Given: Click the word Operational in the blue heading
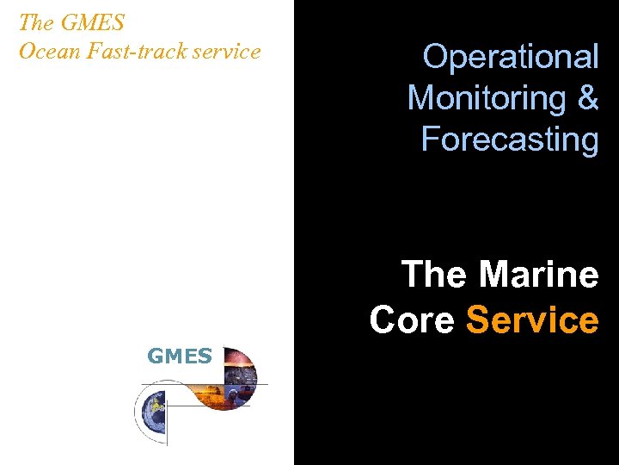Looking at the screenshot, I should point(511,57).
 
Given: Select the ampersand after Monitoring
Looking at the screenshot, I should point(589,98).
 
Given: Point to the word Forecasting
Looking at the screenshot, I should point(510,139).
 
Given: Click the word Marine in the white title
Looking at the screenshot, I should point(539,275).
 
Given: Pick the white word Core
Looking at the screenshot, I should point(412,319).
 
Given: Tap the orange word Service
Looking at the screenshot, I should point(531,319).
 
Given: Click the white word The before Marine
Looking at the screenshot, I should point(436,275).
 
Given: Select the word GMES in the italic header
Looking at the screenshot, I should point(93,22).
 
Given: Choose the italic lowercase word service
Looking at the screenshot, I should point(222,52).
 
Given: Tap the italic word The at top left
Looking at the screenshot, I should point(35,22).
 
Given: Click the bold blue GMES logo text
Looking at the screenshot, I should point(180,356).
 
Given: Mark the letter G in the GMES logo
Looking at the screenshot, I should point(156,356).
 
